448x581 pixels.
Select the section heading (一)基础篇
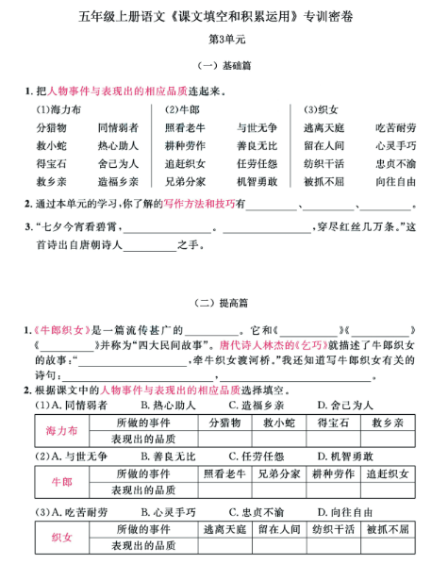[x=224, y=66]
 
